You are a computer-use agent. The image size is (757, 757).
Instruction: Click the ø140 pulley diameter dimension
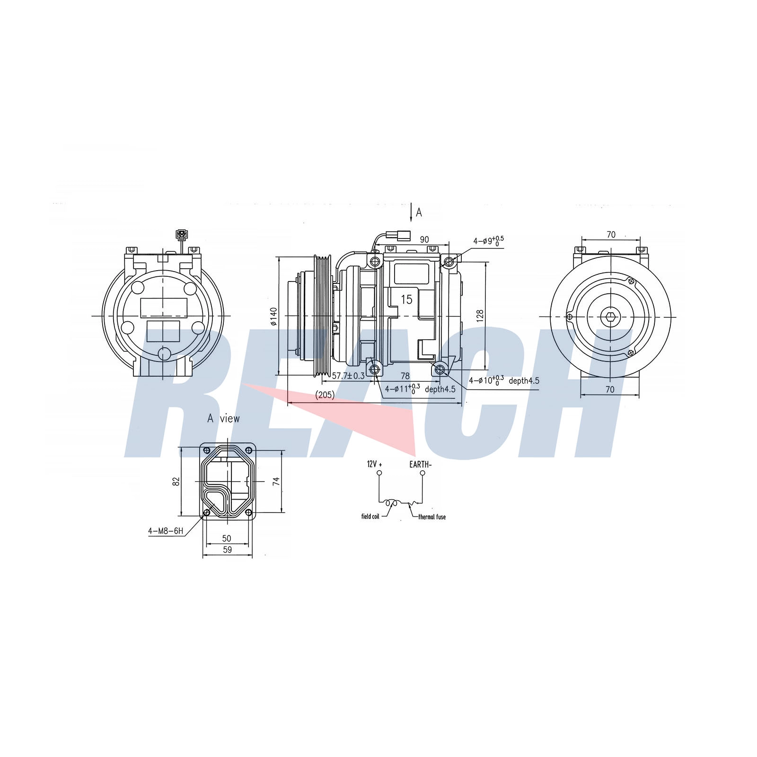[x=273, y=317]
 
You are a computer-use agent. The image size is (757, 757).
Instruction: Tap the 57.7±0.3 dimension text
[x=348, y=376]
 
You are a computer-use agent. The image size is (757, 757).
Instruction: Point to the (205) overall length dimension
[x=325, y=394]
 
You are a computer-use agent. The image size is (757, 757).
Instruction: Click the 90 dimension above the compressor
[x=424, y=240]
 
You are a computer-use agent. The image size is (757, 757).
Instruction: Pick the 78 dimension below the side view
[x=405, y=376]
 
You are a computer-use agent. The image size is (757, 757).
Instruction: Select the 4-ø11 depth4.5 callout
[x=420, y=389]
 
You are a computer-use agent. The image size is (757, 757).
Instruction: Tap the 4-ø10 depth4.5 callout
[x=504, y=380]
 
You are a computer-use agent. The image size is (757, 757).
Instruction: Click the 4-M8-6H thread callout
[x=166, y=531]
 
